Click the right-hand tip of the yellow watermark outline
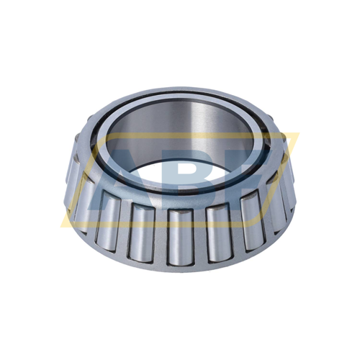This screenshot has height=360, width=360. [x=297, y=135]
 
